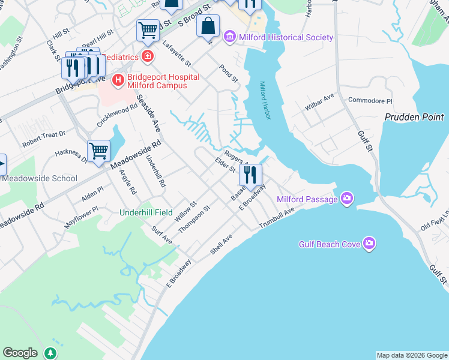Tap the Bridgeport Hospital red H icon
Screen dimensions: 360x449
[118, 79]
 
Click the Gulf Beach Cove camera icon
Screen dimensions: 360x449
[369, 244]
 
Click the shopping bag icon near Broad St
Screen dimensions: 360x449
[208, 26]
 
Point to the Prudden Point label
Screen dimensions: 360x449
[414, 118]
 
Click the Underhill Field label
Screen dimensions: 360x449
[146, 212]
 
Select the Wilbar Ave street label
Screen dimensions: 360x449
[321, 97]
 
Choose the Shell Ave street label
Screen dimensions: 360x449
[221, 244]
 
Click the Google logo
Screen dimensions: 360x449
[20, 353]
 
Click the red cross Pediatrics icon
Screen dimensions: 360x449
[146, 57]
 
